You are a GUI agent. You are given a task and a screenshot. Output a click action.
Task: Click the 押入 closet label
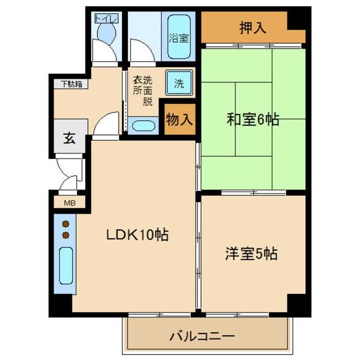click(253, 28)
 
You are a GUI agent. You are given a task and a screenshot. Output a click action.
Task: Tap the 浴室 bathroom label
click(178, 37)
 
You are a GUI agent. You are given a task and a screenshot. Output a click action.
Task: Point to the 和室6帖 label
click(253, 119)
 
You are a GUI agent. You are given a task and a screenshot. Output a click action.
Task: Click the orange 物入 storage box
click(179, 119)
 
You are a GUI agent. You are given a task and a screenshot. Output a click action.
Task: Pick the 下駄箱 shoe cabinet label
click(71, 83)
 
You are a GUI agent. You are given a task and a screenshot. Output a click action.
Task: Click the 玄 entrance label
click(69, 139)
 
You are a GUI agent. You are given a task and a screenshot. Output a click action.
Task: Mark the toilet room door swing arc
click(107, 50)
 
